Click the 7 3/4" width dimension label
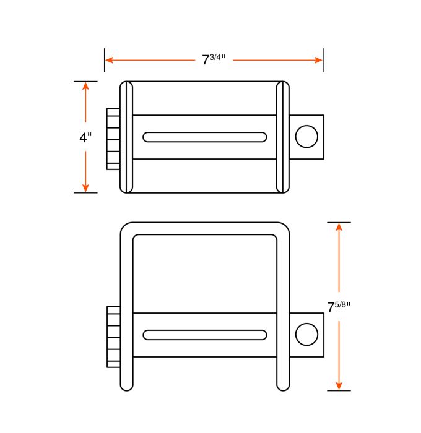[214, 60]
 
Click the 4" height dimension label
[85, 137]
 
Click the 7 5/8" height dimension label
[339, 307]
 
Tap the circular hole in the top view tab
[306, 137]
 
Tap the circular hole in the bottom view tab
[306, 334]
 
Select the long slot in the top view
[205, 137]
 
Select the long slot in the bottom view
[205, 335]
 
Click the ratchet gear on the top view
[113, 139]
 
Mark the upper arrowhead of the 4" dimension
[85, 85]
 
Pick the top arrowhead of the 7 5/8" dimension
[339, 226]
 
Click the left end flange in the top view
[126, 137]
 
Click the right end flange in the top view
[283, 137]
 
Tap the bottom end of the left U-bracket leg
[126, 385]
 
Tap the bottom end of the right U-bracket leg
[283, 385]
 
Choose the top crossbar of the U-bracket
[205, 228]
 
